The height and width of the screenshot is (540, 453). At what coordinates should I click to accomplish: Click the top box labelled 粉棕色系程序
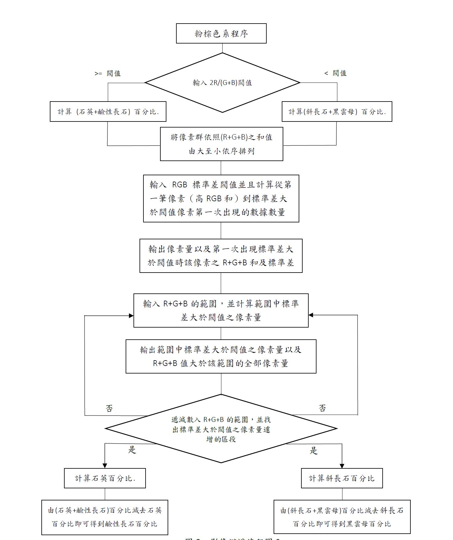point(221,33)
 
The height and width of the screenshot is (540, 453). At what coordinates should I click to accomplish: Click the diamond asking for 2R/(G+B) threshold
point(223,82)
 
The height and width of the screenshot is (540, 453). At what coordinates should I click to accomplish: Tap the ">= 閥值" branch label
point(108,73)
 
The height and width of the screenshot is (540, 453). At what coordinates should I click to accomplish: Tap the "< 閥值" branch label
point(335,73)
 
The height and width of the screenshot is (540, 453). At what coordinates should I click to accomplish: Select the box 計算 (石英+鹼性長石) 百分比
point(108,112)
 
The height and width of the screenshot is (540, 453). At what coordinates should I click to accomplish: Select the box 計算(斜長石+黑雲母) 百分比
point(337,112)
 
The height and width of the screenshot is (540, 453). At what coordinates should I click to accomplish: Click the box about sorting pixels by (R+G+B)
point(221,144)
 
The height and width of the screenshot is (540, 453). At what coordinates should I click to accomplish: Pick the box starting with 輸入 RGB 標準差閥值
point(221,199)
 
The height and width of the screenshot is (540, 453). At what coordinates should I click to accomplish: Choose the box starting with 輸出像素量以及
point(221,256)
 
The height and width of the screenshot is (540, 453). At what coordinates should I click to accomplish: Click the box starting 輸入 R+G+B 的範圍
point(221,310)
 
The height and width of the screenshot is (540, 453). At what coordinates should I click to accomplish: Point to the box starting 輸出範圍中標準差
point(221,356)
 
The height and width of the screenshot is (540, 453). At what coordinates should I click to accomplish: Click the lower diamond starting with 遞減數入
point(221,428)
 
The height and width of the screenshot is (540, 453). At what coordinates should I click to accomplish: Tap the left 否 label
point(109,409)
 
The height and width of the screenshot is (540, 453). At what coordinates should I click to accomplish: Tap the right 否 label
point(322,408)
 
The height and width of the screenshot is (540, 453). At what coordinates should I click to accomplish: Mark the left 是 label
point(132,450)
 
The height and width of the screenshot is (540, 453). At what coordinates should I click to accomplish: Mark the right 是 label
point(314,451)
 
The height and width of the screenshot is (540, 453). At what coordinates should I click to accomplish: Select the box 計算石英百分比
point(105,478)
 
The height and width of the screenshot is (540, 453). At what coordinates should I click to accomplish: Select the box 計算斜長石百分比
point(342,478)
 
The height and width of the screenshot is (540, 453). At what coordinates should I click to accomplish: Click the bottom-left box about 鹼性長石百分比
point(104,517)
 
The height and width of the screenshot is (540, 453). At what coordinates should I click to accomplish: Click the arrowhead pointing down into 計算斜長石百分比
point(342,466)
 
